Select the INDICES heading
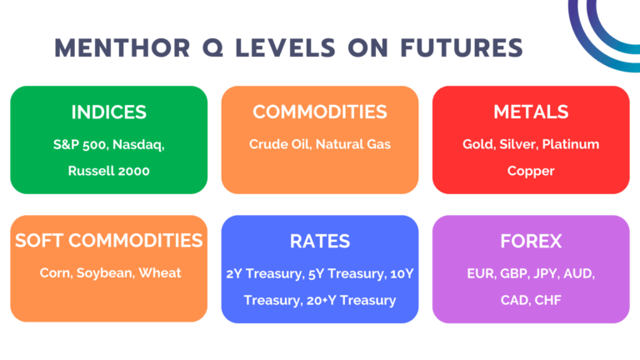(x=108, y=112)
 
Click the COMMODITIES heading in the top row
(x=320, y=112)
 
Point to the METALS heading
(x=531, y=112)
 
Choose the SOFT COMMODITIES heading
(x=108, y=241)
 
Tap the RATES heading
(x=320, y=241)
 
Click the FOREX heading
(x=531, y=241)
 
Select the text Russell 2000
(x=108, y=171)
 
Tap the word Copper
(x=531, y=171)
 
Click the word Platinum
(x=571, y=144)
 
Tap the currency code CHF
(x=552, y=300)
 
